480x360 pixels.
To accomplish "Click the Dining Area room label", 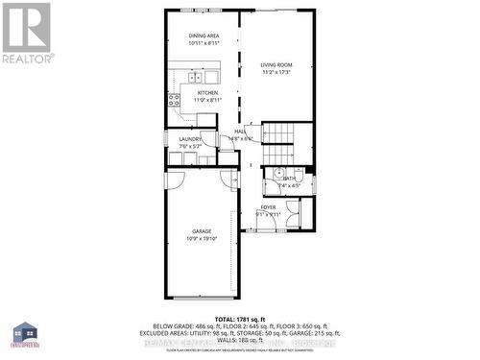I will (204, 36).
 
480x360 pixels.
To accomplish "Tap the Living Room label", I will (276, 64).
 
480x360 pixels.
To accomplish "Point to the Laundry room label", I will (190, 139).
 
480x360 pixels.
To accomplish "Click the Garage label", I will (202, 231).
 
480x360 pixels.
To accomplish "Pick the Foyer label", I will (268, 207).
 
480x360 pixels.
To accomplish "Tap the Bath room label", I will (289, 179).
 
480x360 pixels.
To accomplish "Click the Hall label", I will (240, 132).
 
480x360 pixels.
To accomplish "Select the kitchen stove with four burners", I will (174, 98).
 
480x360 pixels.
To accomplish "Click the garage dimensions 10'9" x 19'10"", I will (202, 239).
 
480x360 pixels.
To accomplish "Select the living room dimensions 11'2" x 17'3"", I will (276, 72).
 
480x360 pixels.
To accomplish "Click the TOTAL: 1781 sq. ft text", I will (238, 318).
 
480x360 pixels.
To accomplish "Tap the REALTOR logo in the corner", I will (26, 33).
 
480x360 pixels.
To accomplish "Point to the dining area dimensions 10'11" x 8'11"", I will (204, 43).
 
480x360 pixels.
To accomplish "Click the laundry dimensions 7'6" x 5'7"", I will (190, 147).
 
